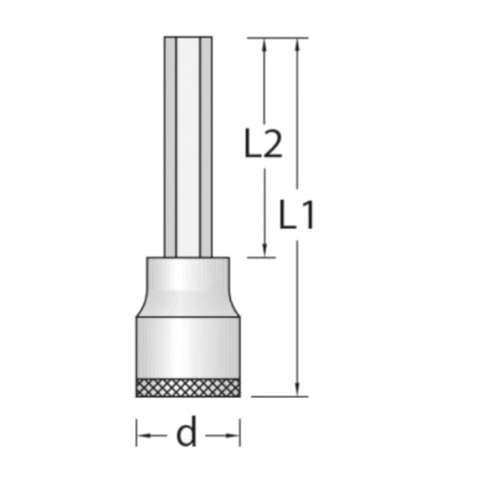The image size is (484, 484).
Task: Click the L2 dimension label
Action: [x=264, y=144]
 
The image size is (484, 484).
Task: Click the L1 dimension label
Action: [x=298, y=216]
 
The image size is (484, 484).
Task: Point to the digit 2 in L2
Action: [x=273, y=144]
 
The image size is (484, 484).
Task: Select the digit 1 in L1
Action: [x=308, y=216]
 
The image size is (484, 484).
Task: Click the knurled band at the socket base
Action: [x=188, y=387]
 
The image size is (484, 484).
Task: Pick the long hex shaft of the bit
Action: [x=188, y=149]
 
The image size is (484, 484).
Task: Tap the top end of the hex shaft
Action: [x=188, y=39]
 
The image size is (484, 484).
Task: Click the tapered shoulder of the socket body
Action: [x=188, y=304]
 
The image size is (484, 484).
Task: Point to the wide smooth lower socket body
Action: [x=188, y=346]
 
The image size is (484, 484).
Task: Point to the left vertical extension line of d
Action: [x=136, y=433]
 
